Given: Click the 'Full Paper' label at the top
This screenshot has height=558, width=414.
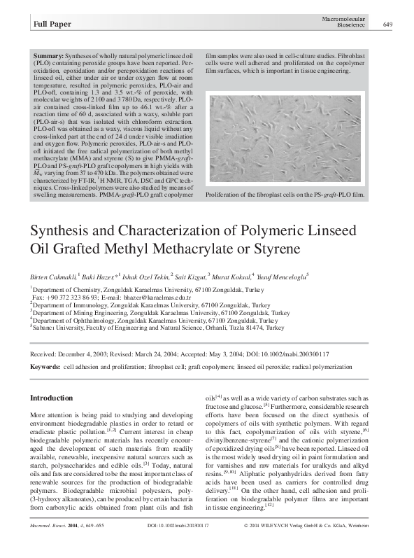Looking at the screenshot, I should (x=52, y=25).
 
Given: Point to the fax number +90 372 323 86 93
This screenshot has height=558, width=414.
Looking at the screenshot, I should (x=75, y=298).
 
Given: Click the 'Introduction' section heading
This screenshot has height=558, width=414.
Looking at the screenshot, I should (x=52, y=398).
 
